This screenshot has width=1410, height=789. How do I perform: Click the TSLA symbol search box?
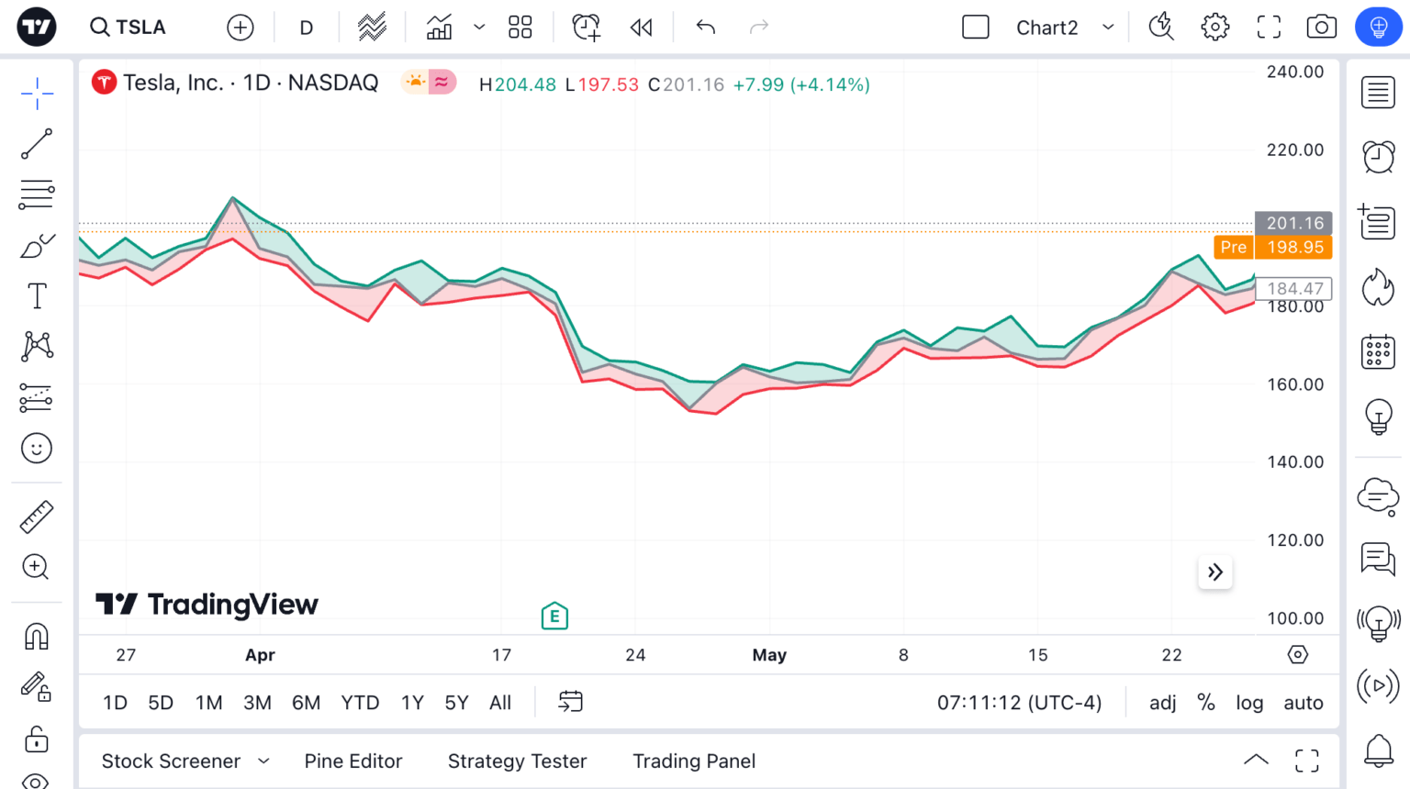click(129, 28)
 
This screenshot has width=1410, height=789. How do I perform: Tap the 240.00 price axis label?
click(1294, 72)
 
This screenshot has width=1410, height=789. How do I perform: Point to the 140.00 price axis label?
click(1294, 462)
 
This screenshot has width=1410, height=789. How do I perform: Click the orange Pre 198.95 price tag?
click(1272, 247)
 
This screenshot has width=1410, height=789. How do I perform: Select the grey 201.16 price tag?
click(1294, 223)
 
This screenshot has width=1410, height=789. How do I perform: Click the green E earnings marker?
click(554, 617)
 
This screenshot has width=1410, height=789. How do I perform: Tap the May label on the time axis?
click(769, 655)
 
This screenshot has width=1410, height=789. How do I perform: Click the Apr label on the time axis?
click(260, 655)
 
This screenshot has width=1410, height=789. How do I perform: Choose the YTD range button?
click(360, 703)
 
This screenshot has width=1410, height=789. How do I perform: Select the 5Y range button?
click(456, 703)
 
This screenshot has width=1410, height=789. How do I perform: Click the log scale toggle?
click(1248, 703)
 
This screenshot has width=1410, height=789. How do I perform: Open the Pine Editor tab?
click(353, 761)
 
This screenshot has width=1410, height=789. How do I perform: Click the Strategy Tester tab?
click(517, 761)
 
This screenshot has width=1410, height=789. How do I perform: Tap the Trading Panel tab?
click(694, 761)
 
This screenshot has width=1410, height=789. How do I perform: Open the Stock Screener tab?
click(172, 761)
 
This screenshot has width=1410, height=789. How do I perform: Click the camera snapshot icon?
click(1321, 28)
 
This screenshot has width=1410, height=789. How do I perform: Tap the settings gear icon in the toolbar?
click(1215, 28)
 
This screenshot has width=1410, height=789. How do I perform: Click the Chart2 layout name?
click(1046, 28)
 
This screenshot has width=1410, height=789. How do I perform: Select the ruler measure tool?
click(37, 517)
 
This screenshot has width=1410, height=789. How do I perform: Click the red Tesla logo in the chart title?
click(104, 83)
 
